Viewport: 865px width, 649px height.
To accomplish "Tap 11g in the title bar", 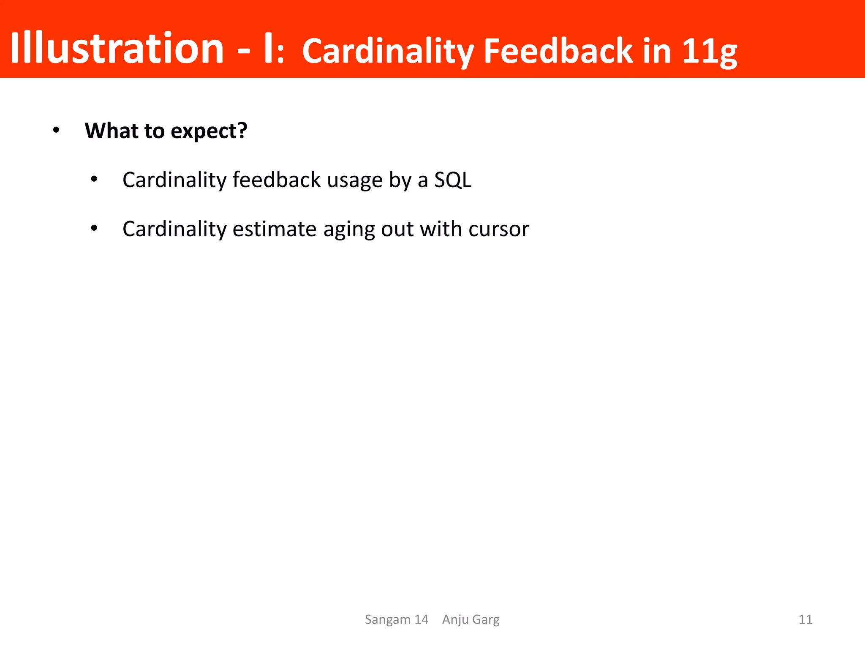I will [x=710, y=52].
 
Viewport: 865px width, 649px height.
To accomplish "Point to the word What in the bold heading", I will [x=111, y=131].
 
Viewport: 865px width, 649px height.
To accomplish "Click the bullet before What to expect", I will [x=56, y=131].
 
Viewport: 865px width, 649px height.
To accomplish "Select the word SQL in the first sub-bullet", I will [x=453, y=180].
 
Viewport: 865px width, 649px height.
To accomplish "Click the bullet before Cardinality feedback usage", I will [x=94, y=180].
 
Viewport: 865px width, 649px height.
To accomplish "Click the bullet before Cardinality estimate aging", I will [x=94, y=229].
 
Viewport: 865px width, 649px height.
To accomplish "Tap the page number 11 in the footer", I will [x=805, y=619].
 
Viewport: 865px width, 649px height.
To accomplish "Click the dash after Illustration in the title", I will [x=244, y=51].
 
